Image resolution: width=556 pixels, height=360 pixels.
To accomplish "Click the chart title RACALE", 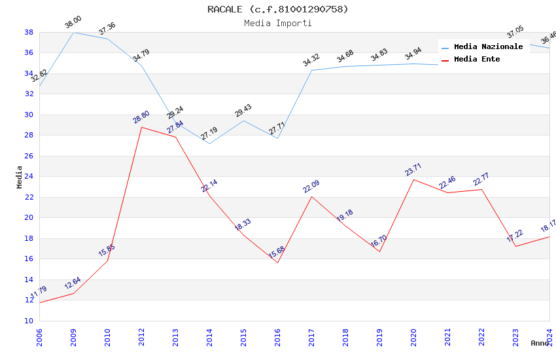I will pos(277,9).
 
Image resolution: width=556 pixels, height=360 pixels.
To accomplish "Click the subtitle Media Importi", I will pos(277,23).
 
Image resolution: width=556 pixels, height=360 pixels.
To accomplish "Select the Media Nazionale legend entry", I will pos(488,46).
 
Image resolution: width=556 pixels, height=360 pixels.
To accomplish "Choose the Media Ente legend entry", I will pos(477,59).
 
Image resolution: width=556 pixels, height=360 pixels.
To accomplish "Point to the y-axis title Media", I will pos(20,177).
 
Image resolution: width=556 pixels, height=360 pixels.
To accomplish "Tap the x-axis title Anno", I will pos(540,343).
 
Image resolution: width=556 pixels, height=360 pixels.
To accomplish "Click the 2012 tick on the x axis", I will pos(141,337).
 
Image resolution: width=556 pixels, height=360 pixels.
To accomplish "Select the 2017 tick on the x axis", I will pos(311,337).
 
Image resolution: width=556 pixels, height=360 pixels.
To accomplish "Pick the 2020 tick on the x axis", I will pos(413,337).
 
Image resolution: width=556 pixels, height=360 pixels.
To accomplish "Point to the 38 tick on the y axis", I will pos(29,32).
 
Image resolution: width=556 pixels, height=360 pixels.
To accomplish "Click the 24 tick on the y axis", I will pos(29,177).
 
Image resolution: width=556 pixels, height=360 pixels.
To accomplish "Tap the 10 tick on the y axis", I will pos(29,321).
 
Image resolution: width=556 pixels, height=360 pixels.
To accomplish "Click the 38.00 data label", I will pos(73,24).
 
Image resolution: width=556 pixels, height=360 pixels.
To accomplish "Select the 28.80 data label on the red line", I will pos(141,118).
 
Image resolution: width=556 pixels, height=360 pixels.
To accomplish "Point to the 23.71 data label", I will pos(413,170).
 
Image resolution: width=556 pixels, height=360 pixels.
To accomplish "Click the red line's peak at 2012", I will pos(141,127).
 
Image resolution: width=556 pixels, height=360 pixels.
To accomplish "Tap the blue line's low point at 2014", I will pos(209,143).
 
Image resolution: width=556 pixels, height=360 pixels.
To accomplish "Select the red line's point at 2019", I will pos(379,252).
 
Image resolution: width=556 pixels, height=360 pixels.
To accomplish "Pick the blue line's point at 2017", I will pos(311,70).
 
